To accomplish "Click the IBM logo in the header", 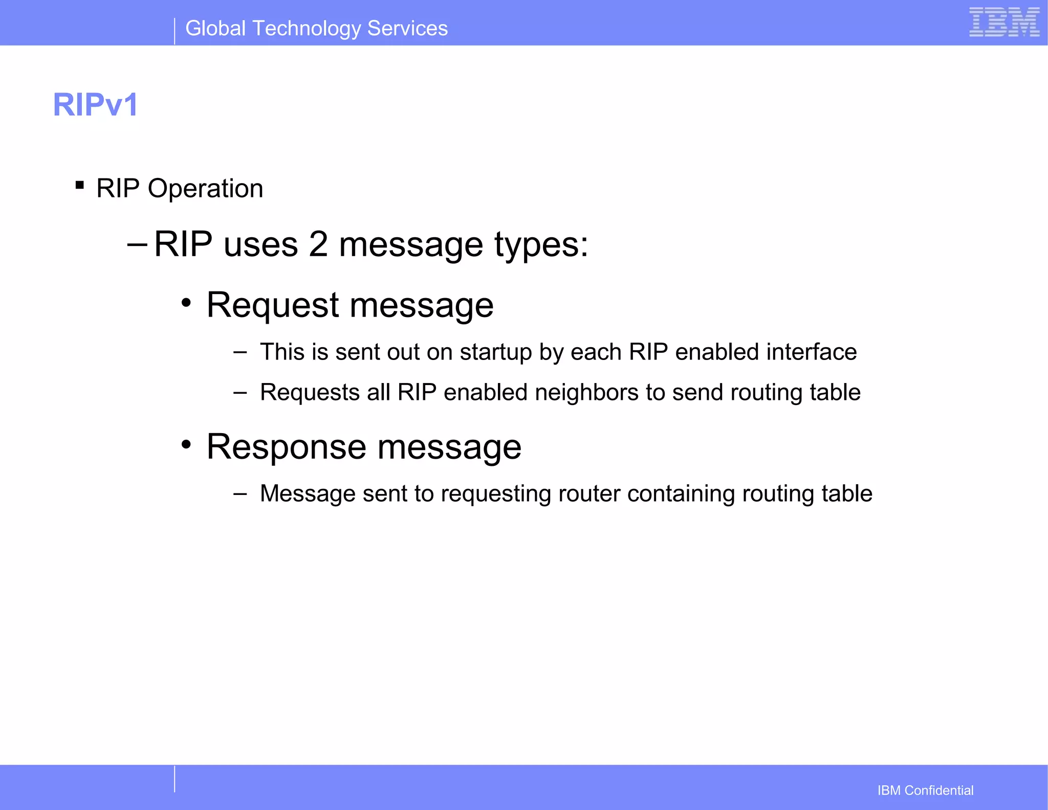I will (1004, 22).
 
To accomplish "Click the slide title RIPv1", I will (96, 105).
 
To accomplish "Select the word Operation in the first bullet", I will (205, 189).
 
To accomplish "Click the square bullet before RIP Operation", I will (79, 185).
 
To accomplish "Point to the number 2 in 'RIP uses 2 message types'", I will (318, 244).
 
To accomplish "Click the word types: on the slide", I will (541, 245).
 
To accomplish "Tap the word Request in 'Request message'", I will (273, 305).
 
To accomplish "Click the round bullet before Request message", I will (187, 303).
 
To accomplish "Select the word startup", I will (495, 353).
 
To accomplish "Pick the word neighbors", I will (586, 393).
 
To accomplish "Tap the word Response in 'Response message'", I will (286, 447).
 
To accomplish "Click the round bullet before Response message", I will (187, 444).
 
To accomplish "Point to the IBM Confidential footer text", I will (925, 791).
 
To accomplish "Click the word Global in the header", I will (215, 29).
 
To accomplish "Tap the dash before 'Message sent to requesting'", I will (239, 494).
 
